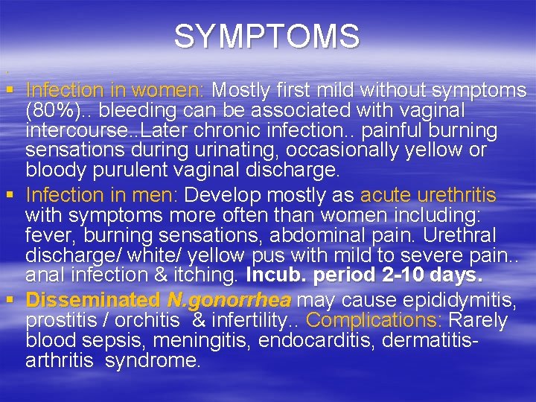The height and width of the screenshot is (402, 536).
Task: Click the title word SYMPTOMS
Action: pyautogui.click(x=267, y=36)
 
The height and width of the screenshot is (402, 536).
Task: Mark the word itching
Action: pyautogui.click(x=207, y=275)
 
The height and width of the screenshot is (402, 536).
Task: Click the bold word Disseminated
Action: pyautogui.click(x=92, y=300)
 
